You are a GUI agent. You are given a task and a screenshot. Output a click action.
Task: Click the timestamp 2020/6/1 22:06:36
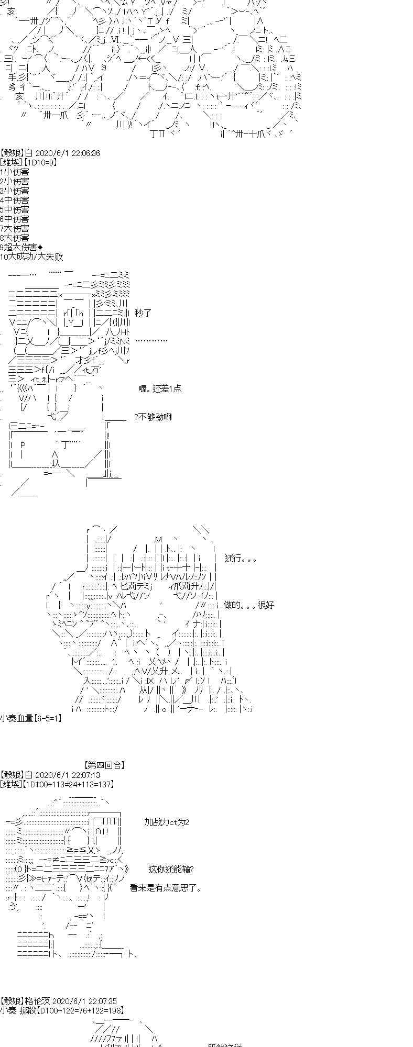point(67,153)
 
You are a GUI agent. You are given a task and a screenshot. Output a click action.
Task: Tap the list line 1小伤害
point(15,172)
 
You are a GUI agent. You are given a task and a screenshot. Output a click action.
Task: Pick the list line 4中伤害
point(15,200)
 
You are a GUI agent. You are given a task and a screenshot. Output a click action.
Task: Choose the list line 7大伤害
point(15,228)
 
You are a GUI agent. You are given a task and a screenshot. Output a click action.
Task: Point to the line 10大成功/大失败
point(31,257)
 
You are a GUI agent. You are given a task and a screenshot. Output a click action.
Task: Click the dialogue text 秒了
point(143,313)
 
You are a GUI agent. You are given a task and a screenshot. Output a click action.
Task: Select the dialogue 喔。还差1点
point(160,388)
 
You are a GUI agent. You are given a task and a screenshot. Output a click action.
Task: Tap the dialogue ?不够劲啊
point(153,417)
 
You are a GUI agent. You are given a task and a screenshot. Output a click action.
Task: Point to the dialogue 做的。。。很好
point(249,605)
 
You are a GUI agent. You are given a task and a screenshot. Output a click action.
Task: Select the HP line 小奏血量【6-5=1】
point(31,718)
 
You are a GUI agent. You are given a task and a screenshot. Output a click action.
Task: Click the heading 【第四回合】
point(104,765)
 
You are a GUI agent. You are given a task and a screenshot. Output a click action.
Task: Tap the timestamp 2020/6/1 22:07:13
point(67,775)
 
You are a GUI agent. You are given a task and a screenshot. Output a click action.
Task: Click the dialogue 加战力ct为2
point(166,822)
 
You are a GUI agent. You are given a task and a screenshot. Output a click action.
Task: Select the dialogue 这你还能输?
point(171,869)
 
